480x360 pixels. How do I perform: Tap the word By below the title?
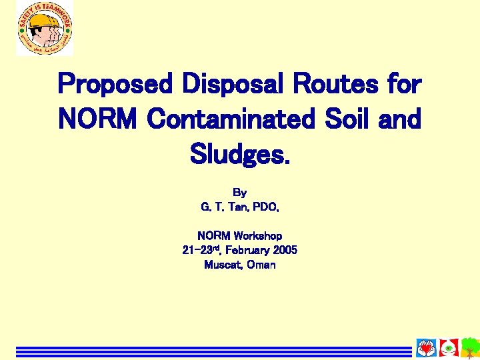coord(240,193)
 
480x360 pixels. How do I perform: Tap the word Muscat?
coord(222,265)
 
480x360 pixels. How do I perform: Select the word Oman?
coord(261,265)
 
